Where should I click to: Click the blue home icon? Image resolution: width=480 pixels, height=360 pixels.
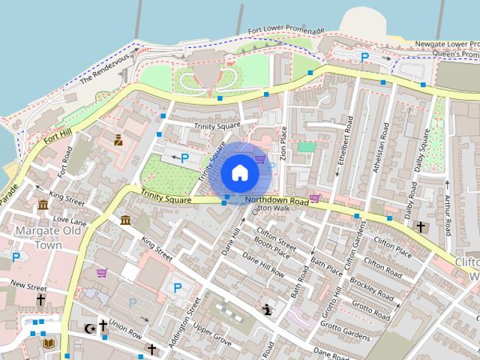coord(239,172)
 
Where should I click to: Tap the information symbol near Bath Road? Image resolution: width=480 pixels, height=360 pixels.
coord(268,308)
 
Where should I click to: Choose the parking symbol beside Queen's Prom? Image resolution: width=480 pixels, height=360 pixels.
coord(364,57)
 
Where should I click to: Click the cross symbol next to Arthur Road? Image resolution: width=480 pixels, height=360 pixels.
coord(420,226)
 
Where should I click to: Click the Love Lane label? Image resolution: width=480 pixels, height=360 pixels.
coord(70,221)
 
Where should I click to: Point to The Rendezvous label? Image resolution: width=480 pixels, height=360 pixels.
coord(105,67)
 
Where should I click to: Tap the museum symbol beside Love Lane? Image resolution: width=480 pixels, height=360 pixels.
coord(43,205)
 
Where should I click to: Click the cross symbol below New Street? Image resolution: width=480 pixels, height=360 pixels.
coord(40,300)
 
